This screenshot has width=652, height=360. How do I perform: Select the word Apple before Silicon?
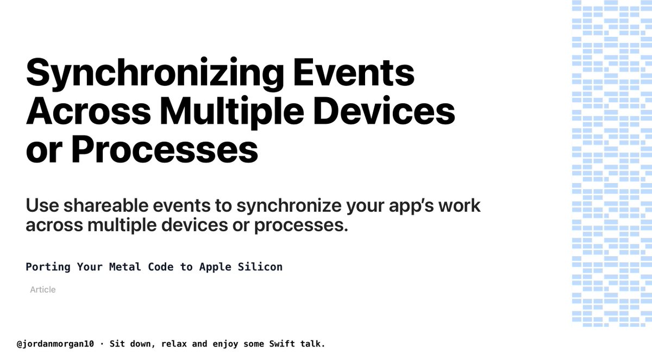click(216, 267)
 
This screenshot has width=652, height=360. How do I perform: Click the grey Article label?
click(43, 290)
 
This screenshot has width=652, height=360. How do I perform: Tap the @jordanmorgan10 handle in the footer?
click(55, 344)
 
